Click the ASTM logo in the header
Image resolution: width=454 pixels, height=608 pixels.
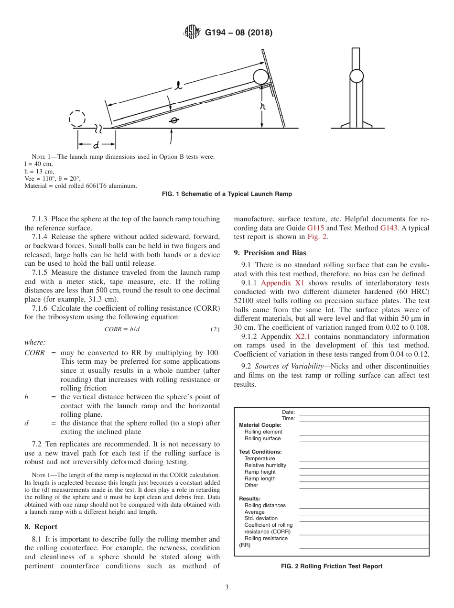pos(193,33)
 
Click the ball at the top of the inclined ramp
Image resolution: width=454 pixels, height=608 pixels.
pos(260,77)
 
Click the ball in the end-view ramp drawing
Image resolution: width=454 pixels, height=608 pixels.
pos(356,76)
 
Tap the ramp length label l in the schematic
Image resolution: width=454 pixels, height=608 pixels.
pos(178,86)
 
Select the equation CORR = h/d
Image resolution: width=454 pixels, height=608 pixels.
pos(122,329)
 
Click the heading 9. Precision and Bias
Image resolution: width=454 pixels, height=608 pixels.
pos(270,252)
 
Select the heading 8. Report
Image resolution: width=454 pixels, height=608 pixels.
pos(41,526)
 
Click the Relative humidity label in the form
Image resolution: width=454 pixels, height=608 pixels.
pos(265,465)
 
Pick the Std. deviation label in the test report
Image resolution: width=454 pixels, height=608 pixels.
pos(261,518)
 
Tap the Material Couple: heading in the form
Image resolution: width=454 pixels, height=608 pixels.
pos(260,425)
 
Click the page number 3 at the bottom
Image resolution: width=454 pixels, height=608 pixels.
pos(227,587)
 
